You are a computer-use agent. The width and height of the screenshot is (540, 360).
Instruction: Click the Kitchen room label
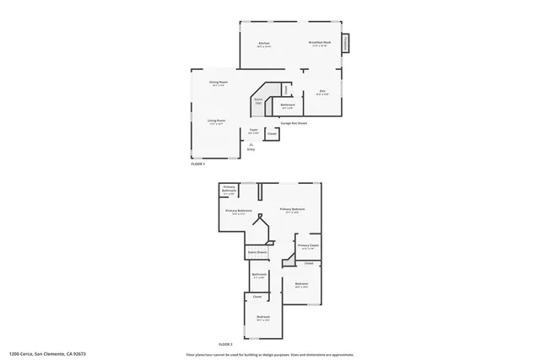[264, 44]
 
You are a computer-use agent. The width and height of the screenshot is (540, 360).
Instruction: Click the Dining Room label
[219, 83]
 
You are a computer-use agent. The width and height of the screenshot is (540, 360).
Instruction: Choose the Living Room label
[216, 121]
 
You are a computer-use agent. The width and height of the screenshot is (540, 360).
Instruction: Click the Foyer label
[253, 132]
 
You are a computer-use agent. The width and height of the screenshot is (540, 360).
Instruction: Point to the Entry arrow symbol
[251, 144]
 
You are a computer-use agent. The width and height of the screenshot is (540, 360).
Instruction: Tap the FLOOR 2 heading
[226, 344]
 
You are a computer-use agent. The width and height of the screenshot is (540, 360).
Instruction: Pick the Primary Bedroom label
[292, 210]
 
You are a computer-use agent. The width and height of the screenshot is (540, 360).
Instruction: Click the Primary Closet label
[308, 247]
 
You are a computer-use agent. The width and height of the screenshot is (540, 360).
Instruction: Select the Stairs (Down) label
[256, 252]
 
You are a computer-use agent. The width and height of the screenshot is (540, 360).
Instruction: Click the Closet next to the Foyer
[272, 133]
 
